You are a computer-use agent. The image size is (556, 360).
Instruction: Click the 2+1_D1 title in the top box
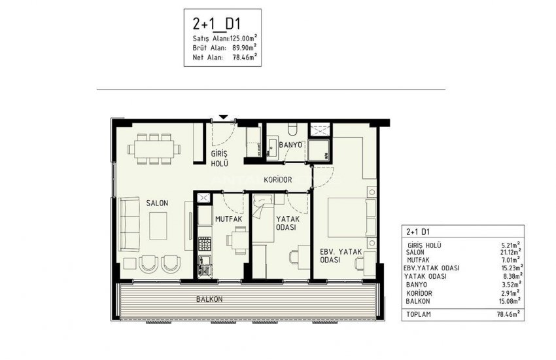pos(213,24)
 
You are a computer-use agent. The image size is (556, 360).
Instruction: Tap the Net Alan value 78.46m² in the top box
pos(241,57)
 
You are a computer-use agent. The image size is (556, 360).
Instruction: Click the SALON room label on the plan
pos(157,203)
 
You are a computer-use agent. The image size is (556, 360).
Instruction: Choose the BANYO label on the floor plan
pos(290,145)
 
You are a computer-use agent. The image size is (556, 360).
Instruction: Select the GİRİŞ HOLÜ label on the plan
pos(218,160)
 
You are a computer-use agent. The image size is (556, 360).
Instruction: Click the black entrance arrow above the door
pos(224,117)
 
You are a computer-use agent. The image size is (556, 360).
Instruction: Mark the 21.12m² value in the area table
pos(508,251)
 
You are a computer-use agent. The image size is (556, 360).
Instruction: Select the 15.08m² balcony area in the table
pos(508,301)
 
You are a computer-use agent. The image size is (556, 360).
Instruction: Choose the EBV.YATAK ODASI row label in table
pos(433,268)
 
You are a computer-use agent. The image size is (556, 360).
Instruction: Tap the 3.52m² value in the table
pos(509,285)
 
